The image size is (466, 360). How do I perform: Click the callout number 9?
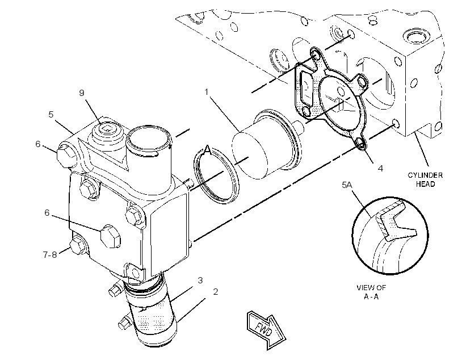pyautogui.click(x=82, y=93)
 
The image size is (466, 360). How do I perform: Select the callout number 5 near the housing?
pyautogui.click(x=51, y=115)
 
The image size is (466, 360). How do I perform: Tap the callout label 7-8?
pyautogui.click(x=50, y=255)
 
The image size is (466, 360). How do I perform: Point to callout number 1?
pyautogui.click(x=207, y=92)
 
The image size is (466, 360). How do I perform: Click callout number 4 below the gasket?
pyautogui.click(x=380, y=168)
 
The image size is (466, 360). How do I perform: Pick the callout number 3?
pyautogui.click(x=200, y=281)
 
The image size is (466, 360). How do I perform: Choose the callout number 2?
pyautogui.click(x=216, y=292)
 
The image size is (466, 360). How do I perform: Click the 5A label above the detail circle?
pyautogui.click(x=347, y=185)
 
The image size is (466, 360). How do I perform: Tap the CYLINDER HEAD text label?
pyautogui.click(x=425, y=179)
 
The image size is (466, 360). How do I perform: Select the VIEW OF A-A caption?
pyautogui.click(x=371, y=292)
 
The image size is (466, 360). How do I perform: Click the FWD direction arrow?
pyautogui.click(x=266, y=329)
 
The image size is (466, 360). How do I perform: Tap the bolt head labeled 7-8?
pyautogui.click(x=77, y=245)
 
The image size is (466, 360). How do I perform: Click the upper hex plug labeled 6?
pyautogui.click(x=65, y=155)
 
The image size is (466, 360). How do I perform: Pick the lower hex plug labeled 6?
pyautogui.click(x=110, y=236)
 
